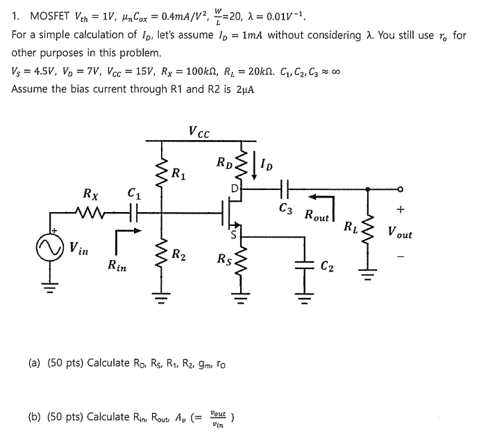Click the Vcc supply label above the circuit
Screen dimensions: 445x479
199,132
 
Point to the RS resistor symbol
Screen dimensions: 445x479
242,261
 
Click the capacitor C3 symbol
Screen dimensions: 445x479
285,188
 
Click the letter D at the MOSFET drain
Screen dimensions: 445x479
235,188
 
